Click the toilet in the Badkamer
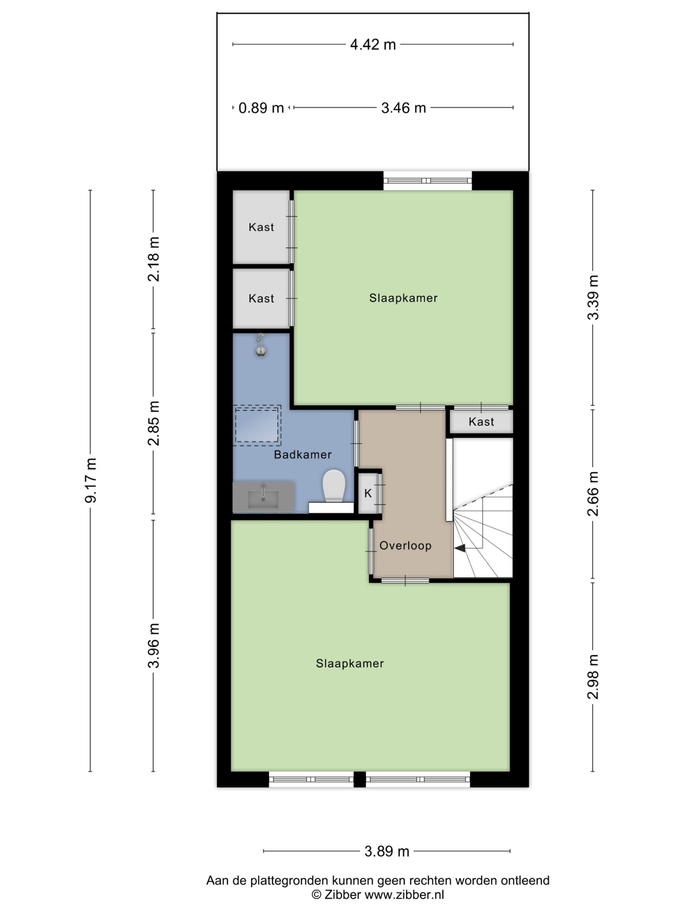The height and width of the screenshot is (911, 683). tap(333, 486)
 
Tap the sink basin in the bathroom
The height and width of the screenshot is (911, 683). tap(263, 497)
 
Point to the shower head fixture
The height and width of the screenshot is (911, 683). tap(260, 345)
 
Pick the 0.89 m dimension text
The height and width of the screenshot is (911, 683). tap(261, 108)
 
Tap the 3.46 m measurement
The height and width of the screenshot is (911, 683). tap(403, 108)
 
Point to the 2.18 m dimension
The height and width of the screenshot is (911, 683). tap(154, 259)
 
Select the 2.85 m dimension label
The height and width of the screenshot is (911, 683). tap(154, 423)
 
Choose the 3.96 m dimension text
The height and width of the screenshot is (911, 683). tap(154, 646)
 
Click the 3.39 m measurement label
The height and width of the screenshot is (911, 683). tap(593, 297)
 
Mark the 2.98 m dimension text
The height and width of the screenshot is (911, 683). tap(593, 676)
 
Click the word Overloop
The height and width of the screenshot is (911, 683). tap(406, 546)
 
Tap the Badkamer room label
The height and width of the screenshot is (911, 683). tap(303, 455)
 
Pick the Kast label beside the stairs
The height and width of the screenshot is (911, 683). tap(481, 422)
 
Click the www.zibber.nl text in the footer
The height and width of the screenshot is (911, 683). tap(404, 895)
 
